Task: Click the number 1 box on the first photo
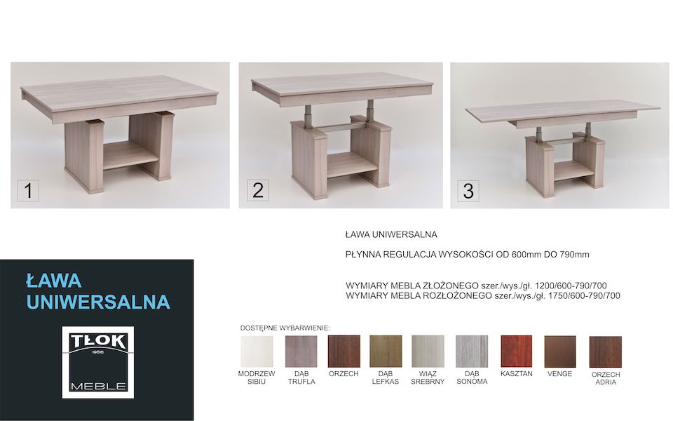pos(28,190)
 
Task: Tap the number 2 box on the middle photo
pos(258,190)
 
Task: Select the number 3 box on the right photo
pos(468,191)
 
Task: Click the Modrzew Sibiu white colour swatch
pos(257,352)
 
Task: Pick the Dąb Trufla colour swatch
pos(301,352)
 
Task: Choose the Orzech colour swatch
pos(344,352)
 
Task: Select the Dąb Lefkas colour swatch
pos(386,352)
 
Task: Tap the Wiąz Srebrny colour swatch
pos(428,352)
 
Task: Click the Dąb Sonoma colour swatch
pos(472,352)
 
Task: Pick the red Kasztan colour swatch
pos(517,352)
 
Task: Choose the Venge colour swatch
pos(560,352)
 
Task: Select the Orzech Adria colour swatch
pos(606,352)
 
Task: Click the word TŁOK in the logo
pos(98,342)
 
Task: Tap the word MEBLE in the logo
pos(98,386)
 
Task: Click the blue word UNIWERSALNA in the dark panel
pos(98,302)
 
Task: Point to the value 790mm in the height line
pos(574,254)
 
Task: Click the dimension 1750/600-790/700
pos(584,295)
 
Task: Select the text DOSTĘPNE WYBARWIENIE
pos(285,328)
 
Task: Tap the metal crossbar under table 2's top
pos(343,127)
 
